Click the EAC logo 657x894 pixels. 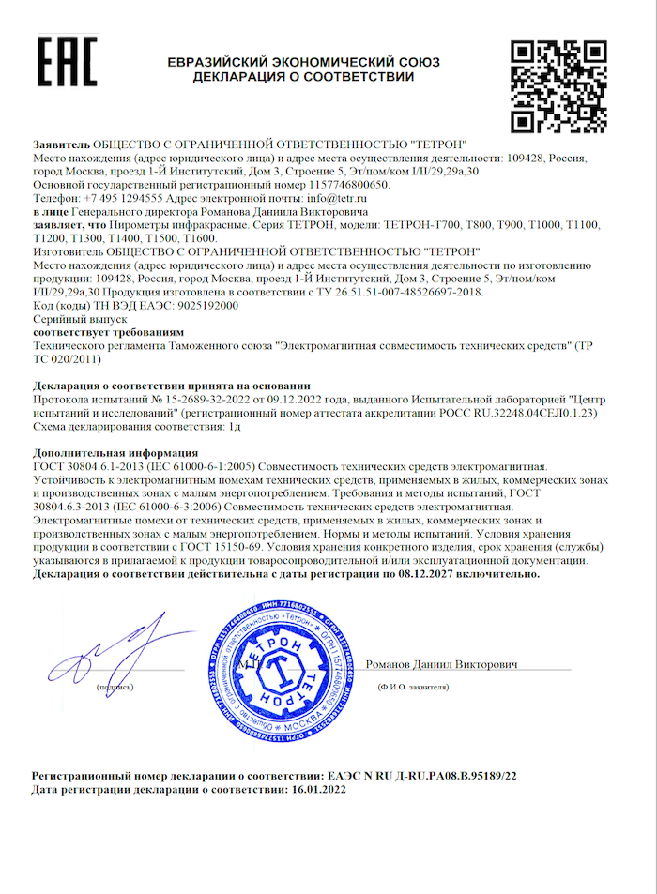coord(67,63)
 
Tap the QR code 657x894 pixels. coord(559,87)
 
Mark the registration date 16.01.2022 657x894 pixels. coord(313,792)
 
